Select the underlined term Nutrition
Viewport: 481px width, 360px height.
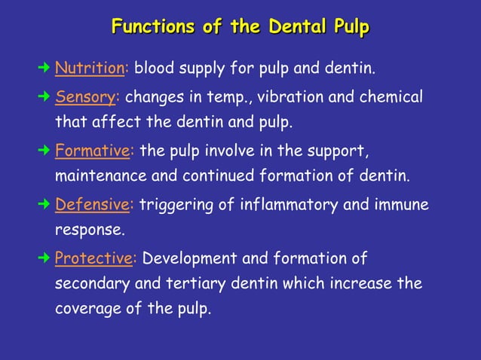click(x=90, y=69)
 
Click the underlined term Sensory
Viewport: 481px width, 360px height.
click(x=86, y=97)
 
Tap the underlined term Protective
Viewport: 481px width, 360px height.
click(x=94, y=258)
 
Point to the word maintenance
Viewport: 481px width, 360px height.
click(x=100, y=177)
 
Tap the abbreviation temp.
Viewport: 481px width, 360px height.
click(x=228, y=99)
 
